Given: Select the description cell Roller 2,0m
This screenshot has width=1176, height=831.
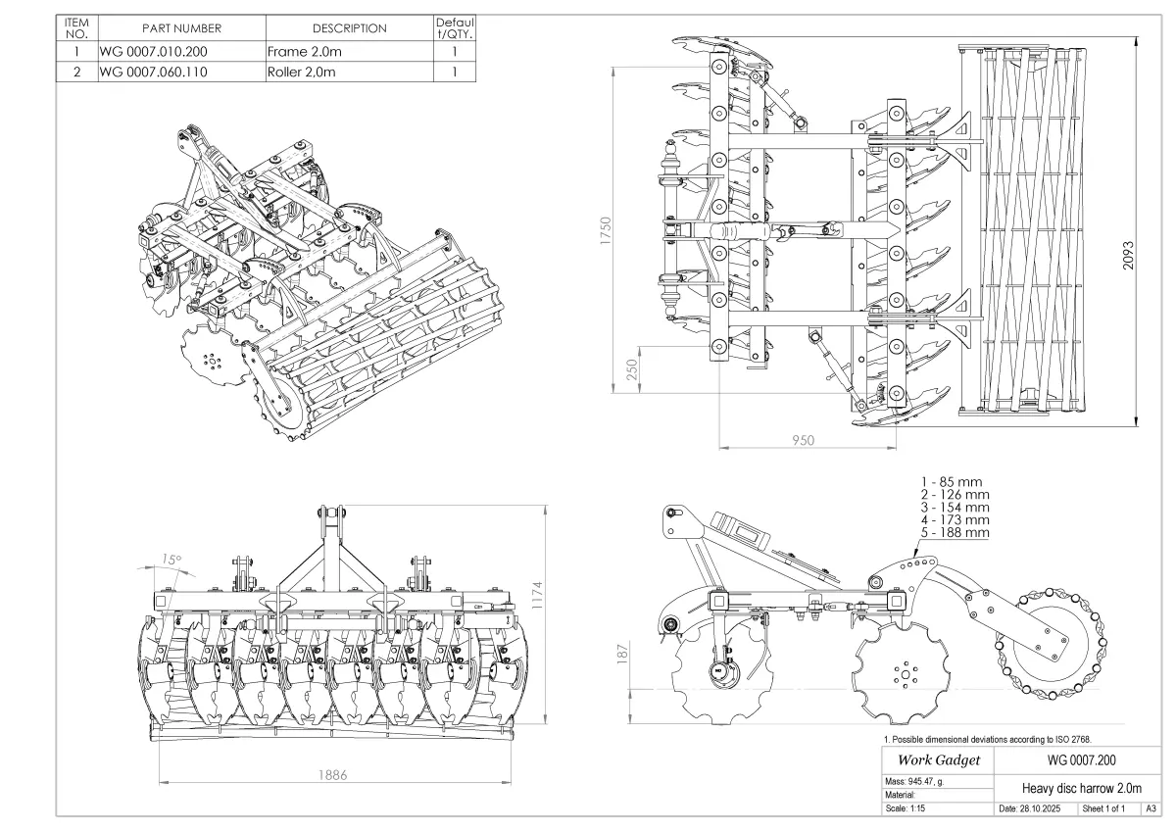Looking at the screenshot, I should tap(301, 72).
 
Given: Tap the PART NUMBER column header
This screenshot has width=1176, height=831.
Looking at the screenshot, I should tap(181, 28).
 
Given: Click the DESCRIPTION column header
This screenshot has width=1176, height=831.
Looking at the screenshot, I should tap(349, 28).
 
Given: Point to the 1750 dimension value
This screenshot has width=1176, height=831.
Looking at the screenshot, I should tap(607, 231).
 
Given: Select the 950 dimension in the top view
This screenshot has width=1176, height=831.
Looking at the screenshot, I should tap(803, 440).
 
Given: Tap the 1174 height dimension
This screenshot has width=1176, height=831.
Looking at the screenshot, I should tap(537, 595).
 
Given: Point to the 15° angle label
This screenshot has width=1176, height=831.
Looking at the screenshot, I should tap(171, 560).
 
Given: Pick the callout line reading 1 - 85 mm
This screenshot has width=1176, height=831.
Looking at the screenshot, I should tap(951, 481).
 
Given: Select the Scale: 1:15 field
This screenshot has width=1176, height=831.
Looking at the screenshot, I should tap(905, 809).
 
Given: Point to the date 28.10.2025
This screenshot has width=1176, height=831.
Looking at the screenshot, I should tap(1035, 809).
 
